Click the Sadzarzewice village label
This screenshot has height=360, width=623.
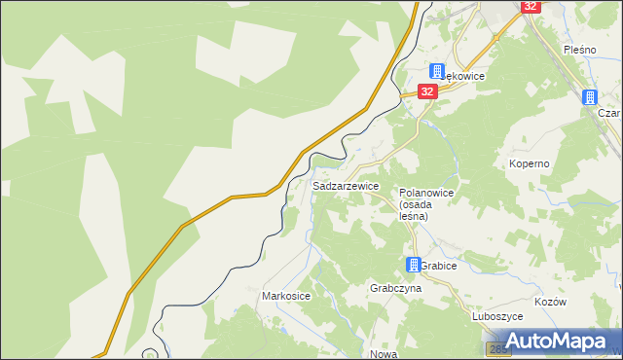pos(346,186)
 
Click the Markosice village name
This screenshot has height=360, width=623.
pos(286,295)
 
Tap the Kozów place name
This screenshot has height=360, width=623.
pos(551,303)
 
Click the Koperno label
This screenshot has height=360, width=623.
pos(530,163)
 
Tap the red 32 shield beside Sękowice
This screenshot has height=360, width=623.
pos(427,90)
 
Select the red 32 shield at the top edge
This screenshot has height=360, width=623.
pos(530,6)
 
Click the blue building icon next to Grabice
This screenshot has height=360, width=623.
pos(414,265)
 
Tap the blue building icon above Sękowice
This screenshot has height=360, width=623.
pos(438,71)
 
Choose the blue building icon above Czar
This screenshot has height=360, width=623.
pos(590,96)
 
